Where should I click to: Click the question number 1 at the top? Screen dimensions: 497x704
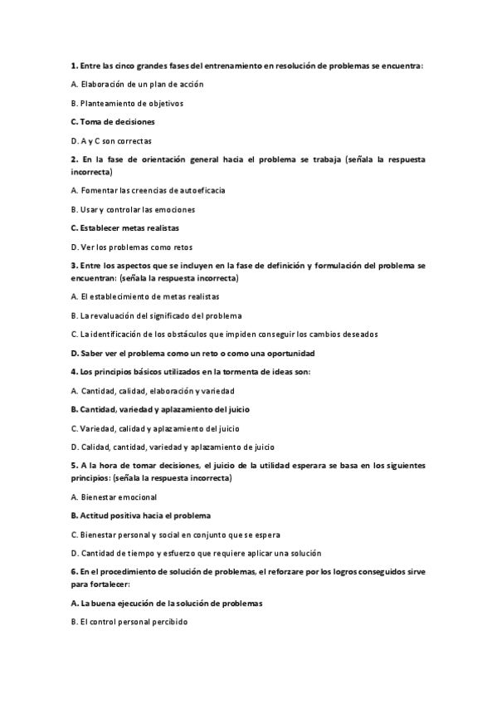[x=74, y=65]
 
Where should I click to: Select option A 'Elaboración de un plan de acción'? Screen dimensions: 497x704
[x=137, y=84]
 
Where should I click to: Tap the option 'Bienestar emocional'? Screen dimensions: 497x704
[x=114, y=496]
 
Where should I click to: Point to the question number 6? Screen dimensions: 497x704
[x=74, y=571]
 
